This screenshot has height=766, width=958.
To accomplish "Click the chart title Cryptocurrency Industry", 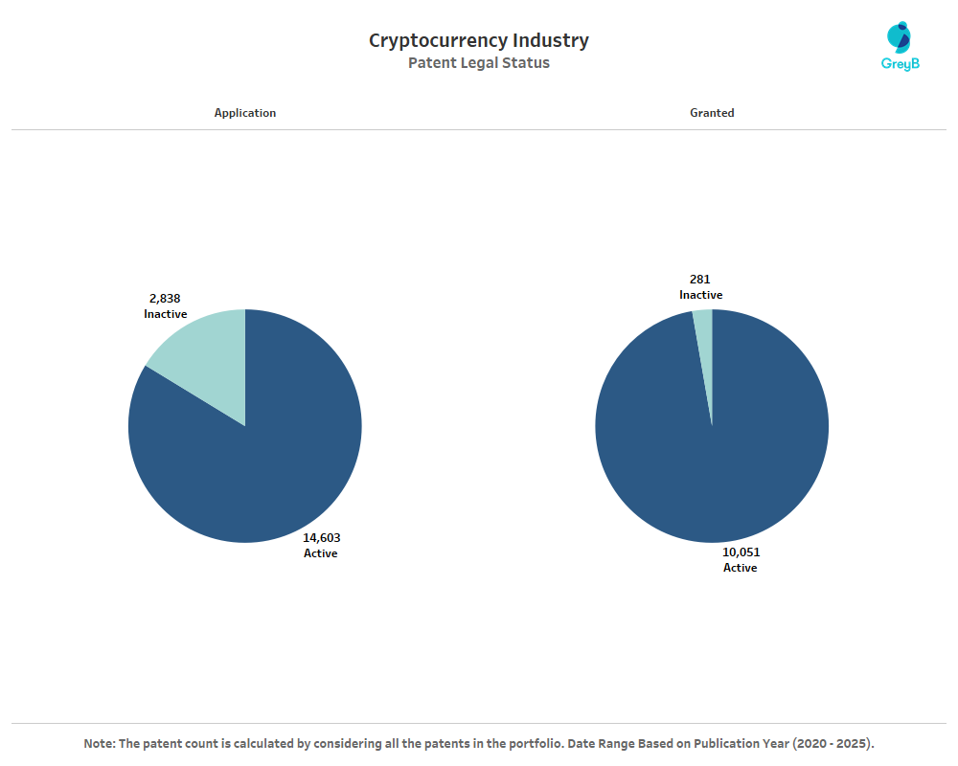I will point(479,40).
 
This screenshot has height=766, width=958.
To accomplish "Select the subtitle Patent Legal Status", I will point(479,63).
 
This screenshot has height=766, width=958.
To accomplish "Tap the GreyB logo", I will point(900,47).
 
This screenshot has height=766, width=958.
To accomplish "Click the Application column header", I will point(245,113).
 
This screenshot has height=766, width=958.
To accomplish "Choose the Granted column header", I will point(712,113).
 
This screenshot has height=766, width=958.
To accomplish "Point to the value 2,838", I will point(165,299).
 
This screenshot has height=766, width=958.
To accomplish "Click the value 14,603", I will point(322,538).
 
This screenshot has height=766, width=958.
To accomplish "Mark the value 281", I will point(700,280).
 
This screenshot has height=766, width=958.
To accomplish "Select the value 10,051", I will point(741,552).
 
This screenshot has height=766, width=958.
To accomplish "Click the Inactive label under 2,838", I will point(166,314).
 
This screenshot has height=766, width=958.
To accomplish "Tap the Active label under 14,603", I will point(321,553).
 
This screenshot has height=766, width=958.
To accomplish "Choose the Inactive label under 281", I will point(701,295).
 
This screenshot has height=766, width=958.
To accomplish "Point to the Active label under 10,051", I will point(740,568).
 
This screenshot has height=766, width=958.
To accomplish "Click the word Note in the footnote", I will point(99,744).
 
